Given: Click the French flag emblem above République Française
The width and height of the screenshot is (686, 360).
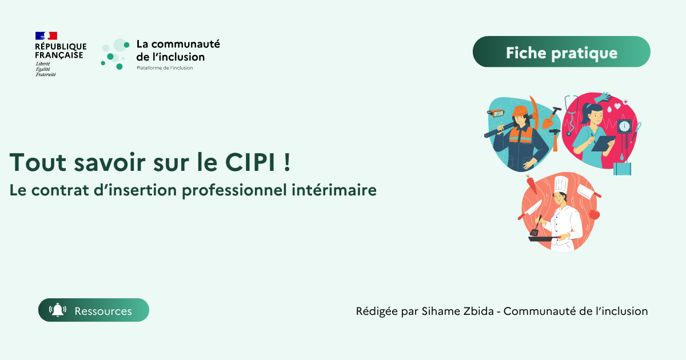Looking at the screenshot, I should click(x=46, y=35).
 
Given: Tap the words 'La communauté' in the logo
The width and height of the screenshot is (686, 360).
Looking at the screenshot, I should click(x=178, y=44).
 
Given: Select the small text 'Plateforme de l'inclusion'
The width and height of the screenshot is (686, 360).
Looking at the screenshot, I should click(x=165, y=68).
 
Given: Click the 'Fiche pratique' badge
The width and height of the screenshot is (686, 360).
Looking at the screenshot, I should click(x=561, y=53).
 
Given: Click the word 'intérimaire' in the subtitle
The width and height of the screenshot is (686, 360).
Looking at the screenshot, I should click(x=343, y=190).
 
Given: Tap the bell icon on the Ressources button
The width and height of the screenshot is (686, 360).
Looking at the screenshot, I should click(x=58, y=310).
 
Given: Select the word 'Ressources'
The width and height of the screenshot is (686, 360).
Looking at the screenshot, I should click(x=103, y=311).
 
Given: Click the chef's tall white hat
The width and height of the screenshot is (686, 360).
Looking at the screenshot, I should click(x=560, y=184).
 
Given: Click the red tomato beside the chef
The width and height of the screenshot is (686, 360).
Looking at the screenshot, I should click(x=594, y=214).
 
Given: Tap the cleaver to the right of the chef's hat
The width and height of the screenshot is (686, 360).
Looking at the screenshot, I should click(x=588, y=190).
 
